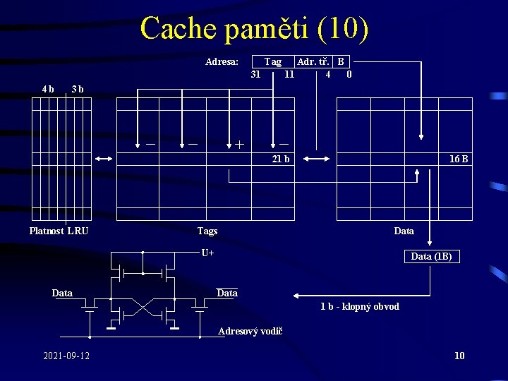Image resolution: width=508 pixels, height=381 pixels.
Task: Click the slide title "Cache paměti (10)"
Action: [x=254, y=28]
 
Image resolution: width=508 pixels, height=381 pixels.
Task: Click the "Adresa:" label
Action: [x=222, y=61]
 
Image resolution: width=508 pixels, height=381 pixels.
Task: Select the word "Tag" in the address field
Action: [x=273, y=61]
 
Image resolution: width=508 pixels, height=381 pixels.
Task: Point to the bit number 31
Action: [x=255, y=73]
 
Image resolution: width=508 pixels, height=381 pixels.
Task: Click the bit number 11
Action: [x=289, y=73]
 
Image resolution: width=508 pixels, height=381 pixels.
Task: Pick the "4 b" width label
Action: [x=48, y=89]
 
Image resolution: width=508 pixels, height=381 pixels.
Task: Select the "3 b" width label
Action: [x=78, y=89]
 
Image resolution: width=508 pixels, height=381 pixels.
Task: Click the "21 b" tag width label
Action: [x=281, y=159]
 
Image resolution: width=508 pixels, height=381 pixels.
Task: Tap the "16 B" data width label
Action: [x=459, y=159]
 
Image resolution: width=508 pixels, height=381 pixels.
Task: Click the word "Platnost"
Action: [x=47, y=231]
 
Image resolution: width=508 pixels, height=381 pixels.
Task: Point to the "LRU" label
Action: [x=78, y=231]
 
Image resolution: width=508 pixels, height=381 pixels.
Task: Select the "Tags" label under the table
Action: [x=207, y=231]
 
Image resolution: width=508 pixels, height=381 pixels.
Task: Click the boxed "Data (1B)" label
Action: [x=432, y=256]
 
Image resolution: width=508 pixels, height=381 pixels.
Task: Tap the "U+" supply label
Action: [x=207, y=253]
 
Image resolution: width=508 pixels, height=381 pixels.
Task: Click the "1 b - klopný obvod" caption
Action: [x=360, y=306]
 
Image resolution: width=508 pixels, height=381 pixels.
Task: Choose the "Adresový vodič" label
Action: [x=250, y=331]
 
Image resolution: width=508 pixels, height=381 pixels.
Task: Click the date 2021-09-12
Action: [x=66, y=356]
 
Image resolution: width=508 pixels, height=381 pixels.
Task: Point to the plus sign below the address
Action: [x=240, y=145]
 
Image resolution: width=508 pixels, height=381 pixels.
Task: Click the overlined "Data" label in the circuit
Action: [x=227, y=293]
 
